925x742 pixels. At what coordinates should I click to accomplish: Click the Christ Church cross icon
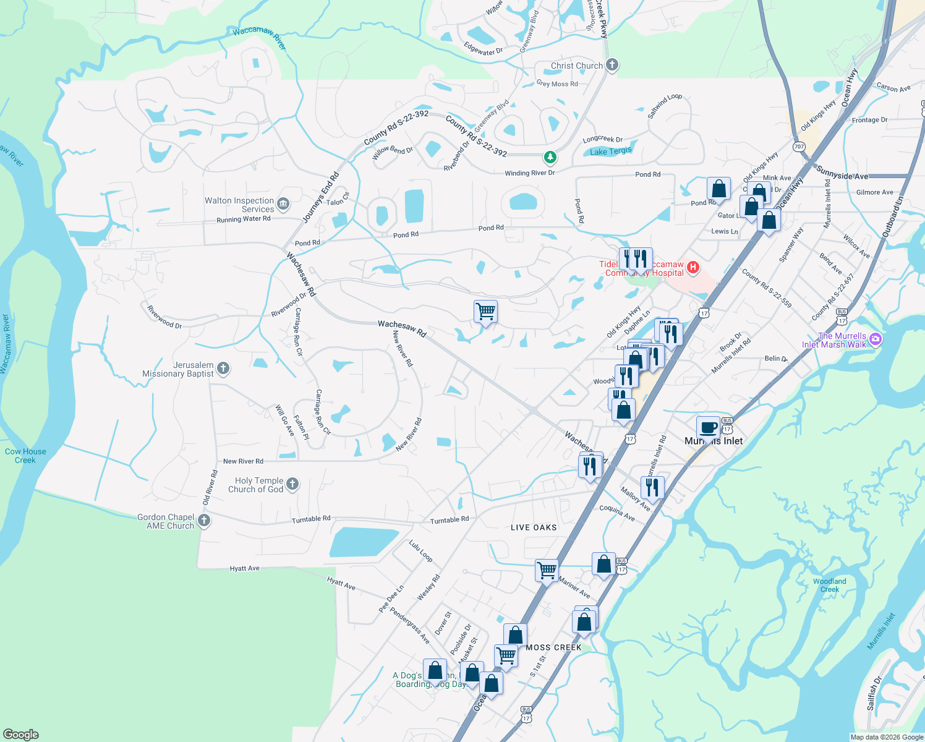(612, 65)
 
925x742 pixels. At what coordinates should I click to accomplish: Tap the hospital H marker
(693, 267)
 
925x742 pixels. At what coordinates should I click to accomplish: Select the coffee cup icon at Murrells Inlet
(708, 427)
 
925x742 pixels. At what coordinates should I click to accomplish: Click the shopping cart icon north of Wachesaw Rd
(485, 312)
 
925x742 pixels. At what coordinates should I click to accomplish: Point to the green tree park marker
(549, 157)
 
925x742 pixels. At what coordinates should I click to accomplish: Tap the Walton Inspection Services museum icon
(283, 203)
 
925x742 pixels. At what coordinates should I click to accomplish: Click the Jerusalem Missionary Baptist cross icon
(223, 369)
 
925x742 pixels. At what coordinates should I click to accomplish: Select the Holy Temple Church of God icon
(292, 484)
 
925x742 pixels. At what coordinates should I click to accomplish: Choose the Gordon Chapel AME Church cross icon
(203, 521)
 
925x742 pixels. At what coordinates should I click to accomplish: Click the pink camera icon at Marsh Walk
(875, 339)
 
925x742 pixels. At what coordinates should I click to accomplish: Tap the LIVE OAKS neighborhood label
(534, 527)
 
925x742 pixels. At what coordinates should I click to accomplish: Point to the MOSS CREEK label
(553, 647)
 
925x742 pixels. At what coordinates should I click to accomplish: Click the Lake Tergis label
(611, 151)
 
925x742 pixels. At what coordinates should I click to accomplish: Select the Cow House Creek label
(25, 456)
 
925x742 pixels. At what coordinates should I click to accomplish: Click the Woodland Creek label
(829, 585)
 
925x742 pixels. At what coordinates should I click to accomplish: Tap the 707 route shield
(799, 147)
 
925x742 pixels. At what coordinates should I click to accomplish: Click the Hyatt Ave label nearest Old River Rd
(244, 568)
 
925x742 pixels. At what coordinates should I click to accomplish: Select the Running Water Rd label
(243, 219)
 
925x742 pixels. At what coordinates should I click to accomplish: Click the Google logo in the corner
(21, 734)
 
